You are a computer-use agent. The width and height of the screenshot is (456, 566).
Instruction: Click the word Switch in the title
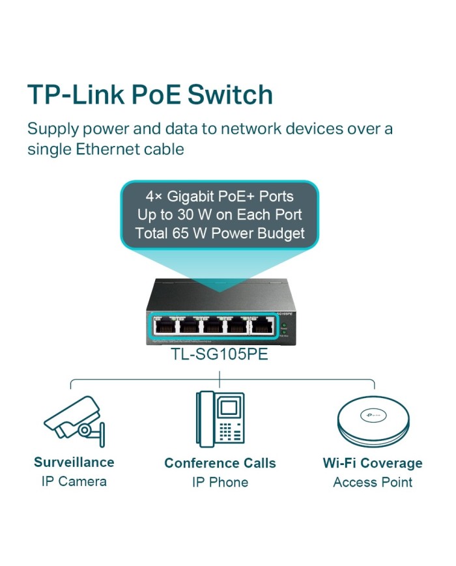click(x=230, y=95)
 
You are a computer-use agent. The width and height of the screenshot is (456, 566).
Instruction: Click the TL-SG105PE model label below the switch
click(x=220, y=356)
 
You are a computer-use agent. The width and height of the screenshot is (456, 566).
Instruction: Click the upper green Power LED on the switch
click(x=284, y=324)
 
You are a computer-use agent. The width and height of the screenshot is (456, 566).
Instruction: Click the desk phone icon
click(x=220, y=418)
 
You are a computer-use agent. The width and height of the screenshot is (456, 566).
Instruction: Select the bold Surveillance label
click(x=74, y=462)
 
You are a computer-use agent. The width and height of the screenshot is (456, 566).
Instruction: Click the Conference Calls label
click(x=220, y=463)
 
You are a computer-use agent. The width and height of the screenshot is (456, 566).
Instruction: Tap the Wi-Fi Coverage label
click(x=373, y=463)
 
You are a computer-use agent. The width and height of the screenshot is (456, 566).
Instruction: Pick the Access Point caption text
click(x=373, y=483)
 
